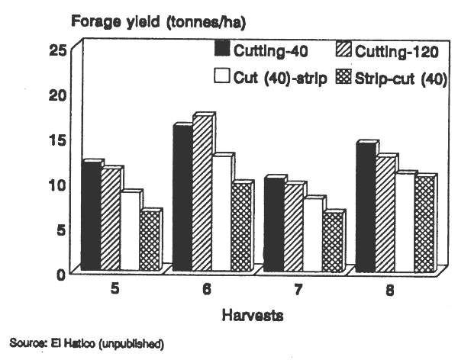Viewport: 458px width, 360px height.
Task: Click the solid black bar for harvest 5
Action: click(90, 217)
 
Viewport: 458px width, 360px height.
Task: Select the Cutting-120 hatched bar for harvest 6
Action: click(202, 194)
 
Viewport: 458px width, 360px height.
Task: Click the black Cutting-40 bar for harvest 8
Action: click(365, 207)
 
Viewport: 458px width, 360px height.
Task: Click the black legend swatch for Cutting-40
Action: click(222, 51)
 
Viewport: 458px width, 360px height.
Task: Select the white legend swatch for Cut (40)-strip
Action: click(222, 76)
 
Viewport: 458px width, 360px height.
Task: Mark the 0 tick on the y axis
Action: click(65, 275)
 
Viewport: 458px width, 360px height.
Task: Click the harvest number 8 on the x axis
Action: click(390, 291)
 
